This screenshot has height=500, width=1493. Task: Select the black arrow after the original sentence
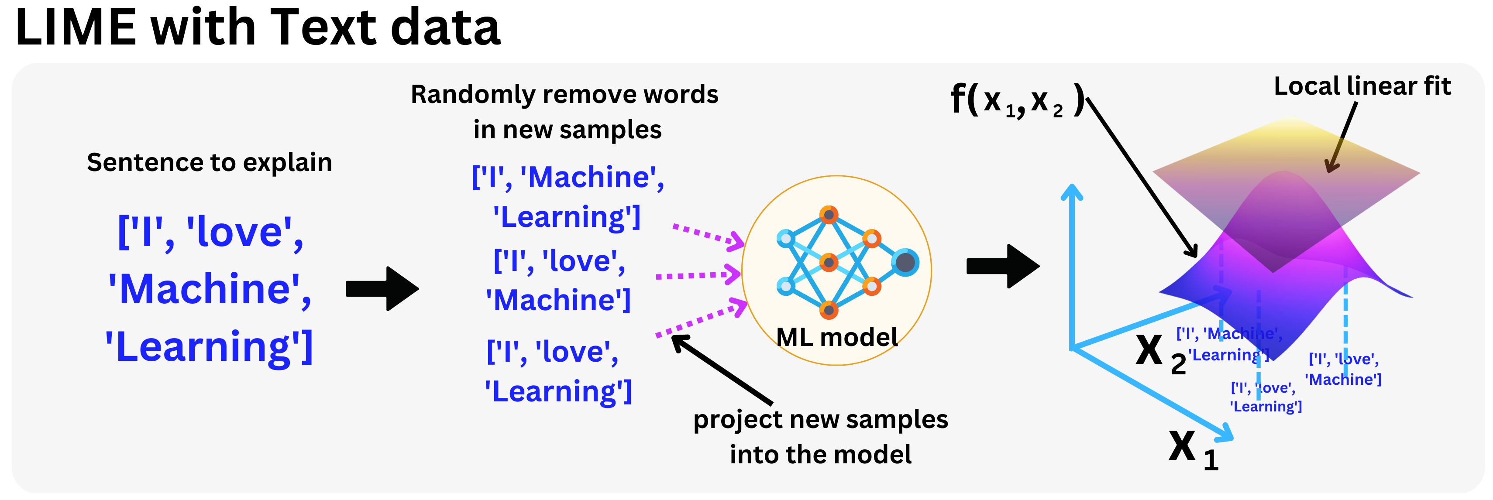click(x=382, y=288)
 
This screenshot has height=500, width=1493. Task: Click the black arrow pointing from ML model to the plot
click(x=1003, y=267)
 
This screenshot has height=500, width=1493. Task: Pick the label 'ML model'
click(x=836, y=337)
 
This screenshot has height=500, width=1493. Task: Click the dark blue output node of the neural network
click(x=905, y=263)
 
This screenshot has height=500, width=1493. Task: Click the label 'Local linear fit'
click(x=1362, y=86)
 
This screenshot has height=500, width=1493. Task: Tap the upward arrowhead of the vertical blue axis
click(x=1072, y=192)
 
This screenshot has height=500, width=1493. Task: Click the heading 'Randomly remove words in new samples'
click(x=565, y=111)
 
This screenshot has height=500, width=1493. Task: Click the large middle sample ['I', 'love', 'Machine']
click(x=559, y=281)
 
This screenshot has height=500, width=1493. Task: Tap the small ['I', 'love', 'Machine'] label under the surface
click(x=1343, y=369)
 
